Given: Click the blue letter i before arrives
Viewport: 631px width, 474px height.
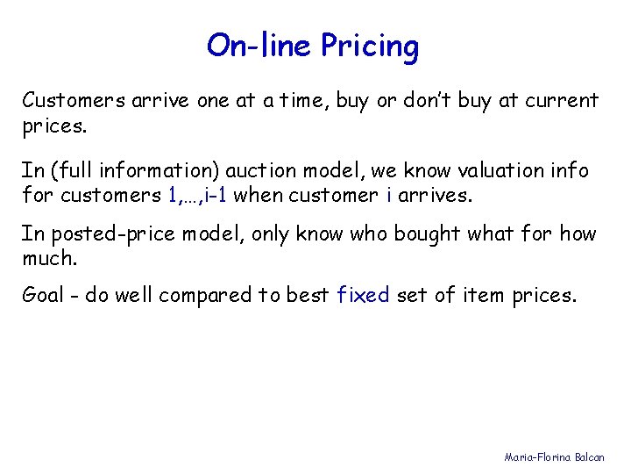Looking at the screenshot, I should (x=388, y=195).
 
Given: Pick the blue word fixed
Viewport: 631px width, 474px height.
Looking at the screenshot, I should (x=363, y=295).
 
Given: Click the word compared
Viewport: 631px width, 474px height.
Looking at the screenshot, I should (x=204, y=296).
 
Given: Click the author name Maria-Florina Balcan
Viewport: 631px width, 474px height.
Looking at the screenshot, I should (x=561, y=456).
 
